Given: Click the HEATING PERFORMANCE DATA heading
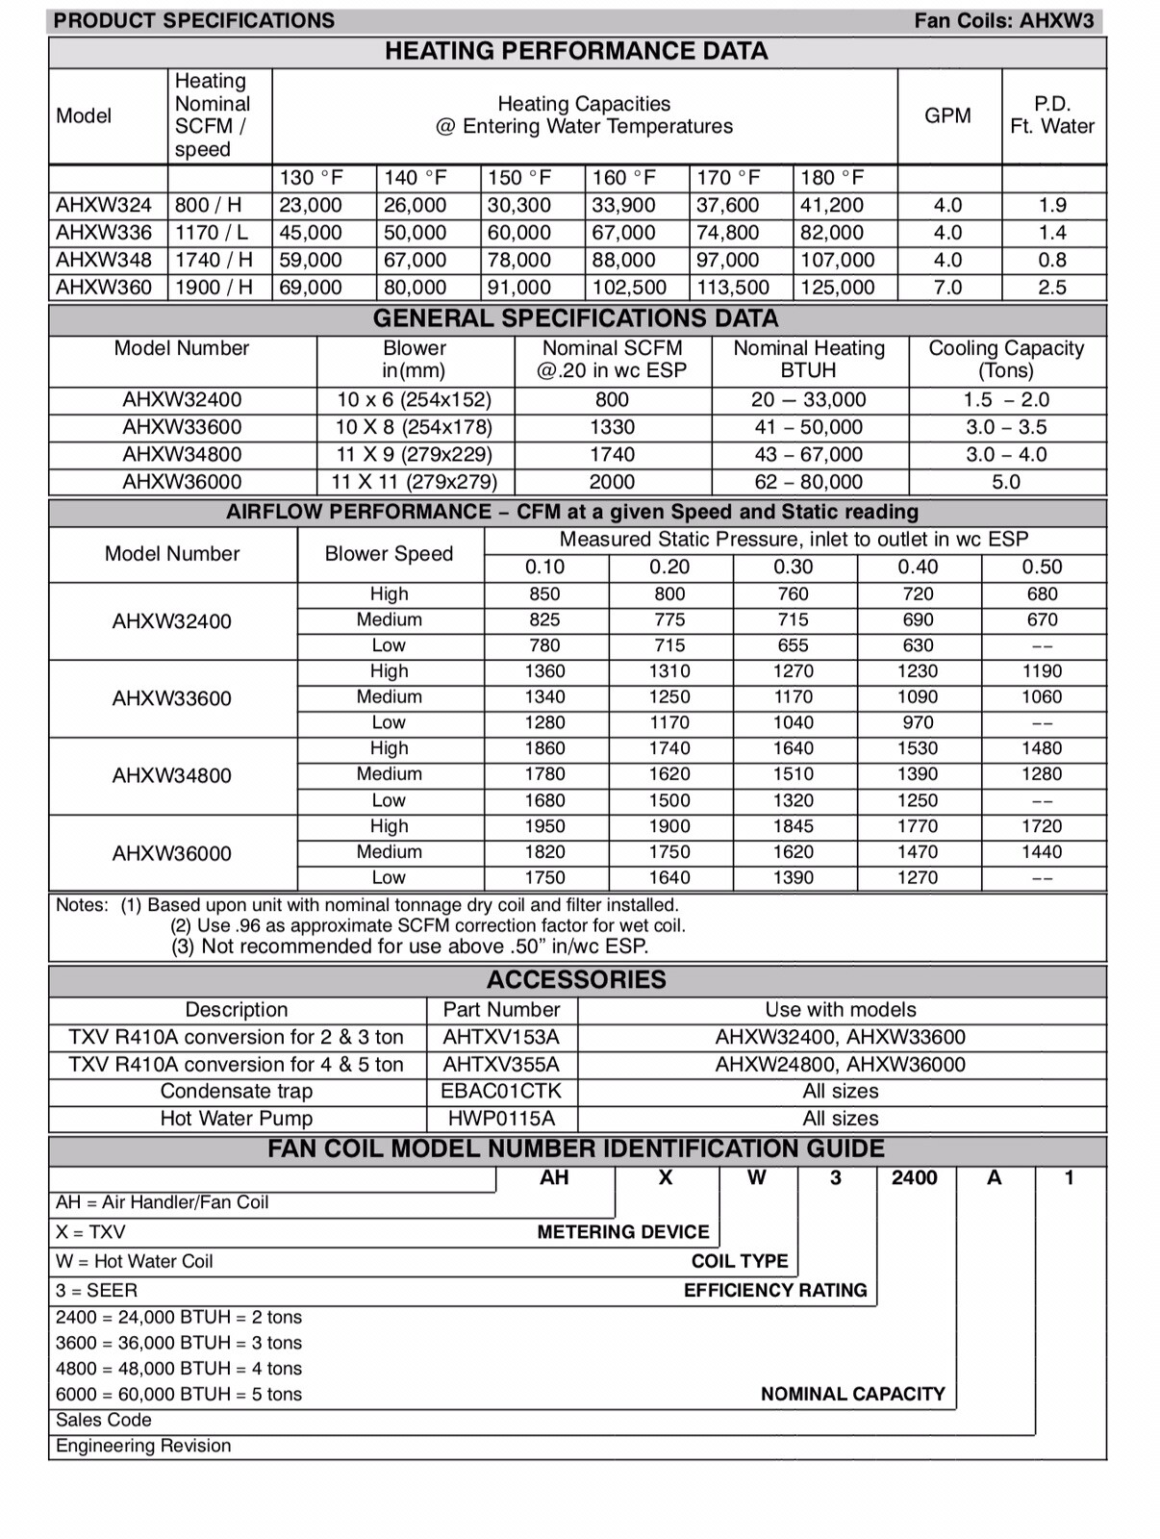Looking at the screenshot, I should pos(576,51).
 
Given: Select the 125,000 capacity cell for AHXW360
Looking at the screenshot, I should pos(837,288).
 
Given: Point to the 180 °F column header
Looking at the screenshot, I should pos(832,178).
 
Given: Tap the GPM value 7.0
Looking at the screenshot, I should pos(947,288).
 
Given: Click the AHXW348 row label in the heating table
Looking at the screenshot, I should pos(104,260).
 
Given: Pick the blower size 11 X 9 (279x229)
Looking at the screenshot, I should pos(414,454).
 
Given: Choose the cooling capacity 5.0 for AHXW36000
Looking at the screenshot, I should pos(1006,482).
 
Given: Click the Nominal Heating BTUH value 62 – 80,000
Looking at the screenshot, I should pos(808,482).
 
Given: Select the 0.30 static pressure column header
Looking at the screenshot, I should pos(793,568).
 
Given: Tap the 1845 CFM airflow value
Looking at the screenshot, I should pos(793,826).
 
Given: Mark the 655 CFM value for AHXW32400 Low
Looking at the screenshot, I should pos(793,645).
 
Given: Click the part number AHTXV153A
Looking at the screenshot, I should pos(500,1037).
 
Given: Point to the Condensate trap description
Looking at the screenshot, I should pos(237,1091).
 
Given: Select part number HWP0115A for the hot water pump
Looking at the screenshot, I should pos(500,1119).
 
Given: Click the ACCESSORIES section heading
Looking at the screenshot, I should pos(576,980).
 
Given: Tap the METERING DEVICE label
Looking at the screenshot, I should pos(622,1232).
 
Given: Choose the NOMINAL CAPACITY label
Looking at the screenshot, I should pos(852,1394).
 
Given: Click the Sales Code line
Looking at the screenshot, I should pos(104,1420).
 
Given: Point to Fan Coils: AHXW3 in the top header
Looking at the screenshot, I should pos(1003,21).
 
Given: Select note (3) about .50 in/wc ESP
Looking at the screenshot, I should pos(410,946).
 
